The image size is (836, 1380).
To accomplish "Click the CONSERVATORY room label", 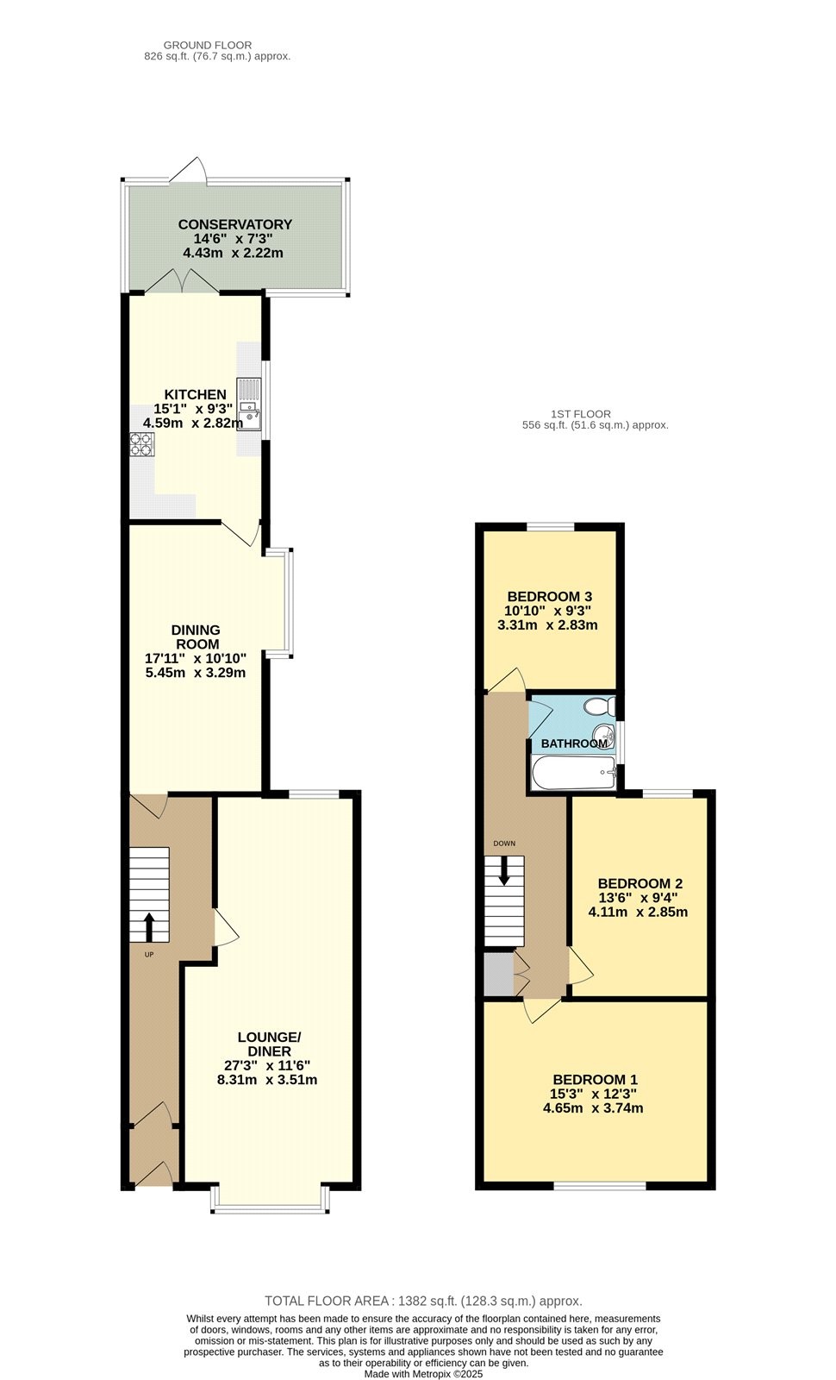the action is [x=234, y=224].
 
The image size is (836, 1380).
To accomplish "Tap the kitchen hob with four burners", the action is [x=141, y=443].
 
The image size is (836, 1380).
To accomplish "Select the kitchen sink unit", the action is [x=249, y=405].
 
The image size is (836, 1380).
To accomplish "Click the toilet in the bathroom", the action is [x=599, y=706].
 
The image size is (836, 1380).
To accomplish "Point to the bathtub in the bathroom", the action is [x=574, y=773].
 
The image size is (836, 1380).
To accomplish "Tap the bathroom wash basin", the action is [x=604, y=734].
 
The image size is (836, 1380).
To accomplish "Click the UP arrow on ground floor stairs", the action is [x=149, y=926].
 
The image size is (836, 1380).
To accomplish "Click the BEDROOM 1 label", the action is [x=595, y=1077].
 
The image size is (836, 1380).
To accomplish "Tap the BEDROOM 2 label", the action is [x=639, y=883].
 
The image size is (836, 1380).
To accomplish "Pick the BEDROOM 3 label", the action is [x=549, y=596].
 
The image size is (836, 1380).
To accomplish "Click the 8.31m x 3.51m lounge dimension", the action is [x=267, y=1079].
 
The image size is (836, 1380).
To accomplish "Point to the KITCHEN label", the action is [x=195, y=394].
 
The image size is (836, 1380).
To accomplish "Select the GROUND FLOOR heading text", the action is [x=208, y=45].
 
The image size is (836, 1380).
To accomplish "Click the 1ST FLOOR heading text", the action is [x=581, y=414].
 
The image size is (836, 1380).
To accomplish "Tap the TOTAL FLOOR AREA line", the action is [x=423, y=1301].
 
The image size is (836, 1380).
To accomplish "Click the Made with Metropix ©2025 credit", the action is [x=423, y=1373].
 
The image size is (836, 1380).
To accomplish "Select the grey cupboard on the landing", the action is [x=498, y=974].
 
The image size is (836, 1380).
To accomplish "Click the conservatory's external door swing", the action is [x=188, y=170].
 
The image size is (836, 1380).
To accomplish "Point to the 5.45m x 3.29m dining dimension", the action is [x=195, y=672].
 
